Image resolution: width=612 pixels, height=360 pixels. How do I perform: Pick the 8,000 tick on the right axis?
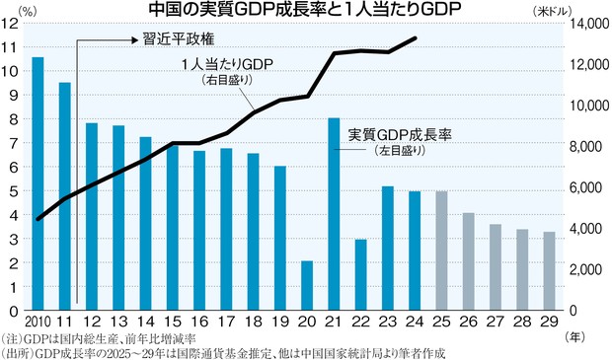583,146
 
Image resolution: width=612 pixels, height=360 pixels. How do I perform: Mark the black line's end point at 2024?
416,38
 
